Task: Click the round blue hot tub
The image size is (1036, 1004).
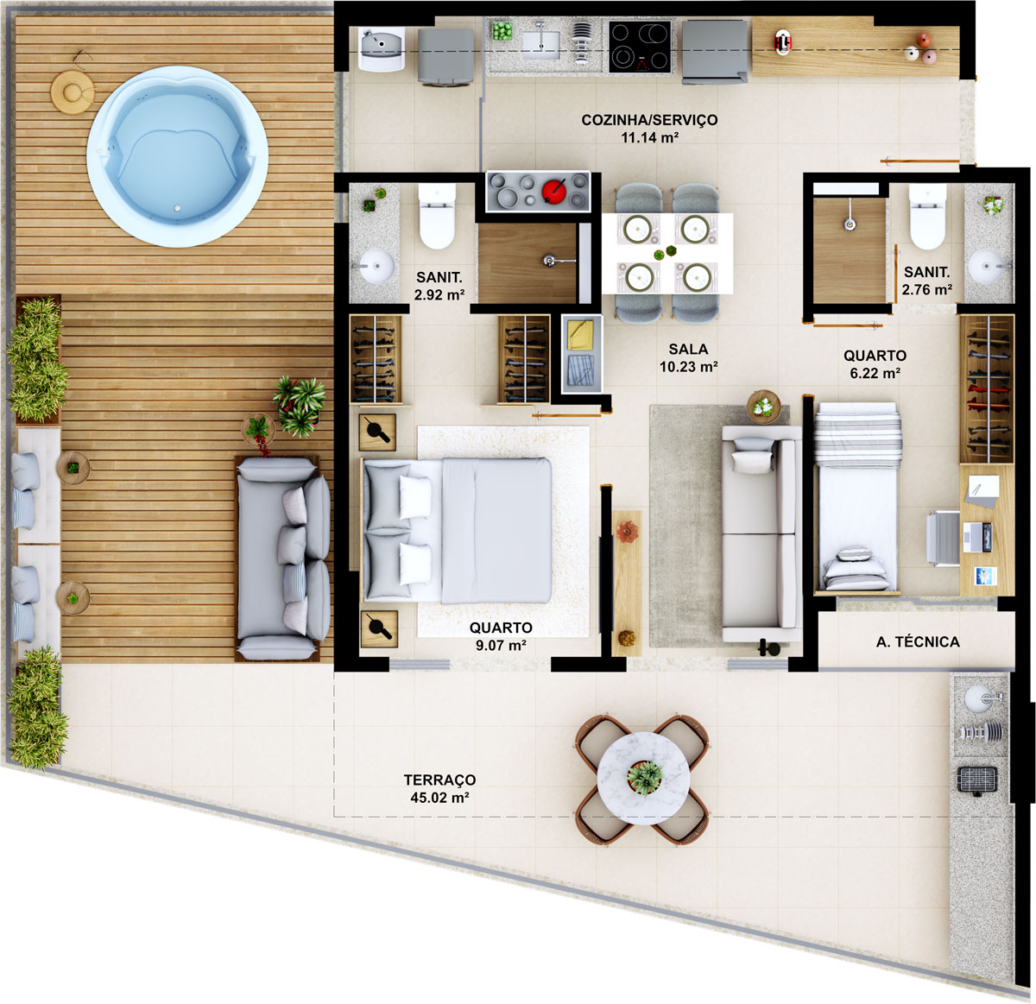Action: [x=177, y=157]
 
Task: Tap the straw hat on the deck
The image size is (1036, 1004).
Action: [x=72, y=91]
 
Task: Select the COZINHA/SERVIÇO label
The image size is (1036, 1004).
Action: [x=649, y=120]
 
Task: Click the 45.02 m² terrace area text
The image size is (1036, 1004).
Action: [x=439, y=798]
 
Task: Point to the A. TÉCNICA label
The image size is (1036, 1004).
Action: [x=918, y=641]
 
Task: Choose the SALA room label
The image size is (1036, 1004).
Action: [x=688, y=349]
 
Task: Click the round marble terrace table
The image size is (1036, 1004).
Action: [x=643, y=778]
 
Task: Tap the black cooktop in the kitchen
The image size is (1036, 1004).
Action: [x=640, y=46]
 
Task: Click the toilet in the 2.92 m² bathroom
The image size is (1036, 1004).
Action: [x=437, y=218]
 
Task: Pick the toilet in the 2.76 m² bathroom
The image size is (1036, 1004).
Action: [x=928, y=218]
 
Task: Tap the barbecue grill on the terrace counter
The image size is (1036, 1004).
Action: [x=977, y=780]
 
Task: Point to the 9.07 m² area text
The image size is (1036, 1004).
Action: [x=500, y=645]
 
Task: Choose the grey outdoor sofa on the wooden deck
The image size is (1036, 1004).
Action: [x=283, y=559]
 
